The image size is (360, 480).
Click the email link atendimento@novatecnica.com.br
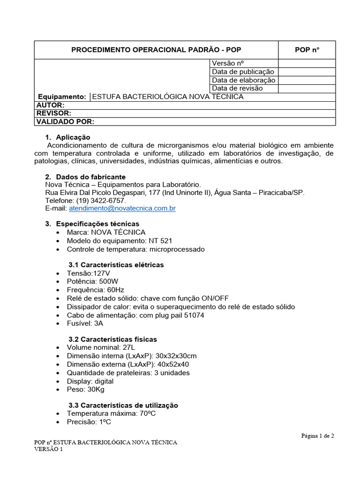(122, 208)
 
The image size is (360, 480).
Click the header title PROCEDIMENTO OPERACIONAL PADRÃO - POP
(156, 50)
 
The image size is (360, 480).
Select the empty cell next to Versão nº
(307, 63)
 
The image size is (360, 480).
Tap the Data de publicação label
(243, 72)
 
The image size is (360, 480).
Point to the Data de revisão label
(237, 88)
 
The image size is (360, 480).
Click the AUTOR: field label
(50, 105)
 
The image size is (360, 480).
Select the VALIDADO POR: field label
(65, 122)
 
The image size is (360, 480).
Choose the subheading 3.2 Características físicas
(112, 339)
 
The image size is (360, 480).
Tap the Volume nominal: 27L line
(100, 347)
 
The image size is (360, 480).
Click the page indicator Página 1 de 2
(317, 435)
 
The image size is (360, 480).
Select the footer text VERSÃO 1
(48, 449)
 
